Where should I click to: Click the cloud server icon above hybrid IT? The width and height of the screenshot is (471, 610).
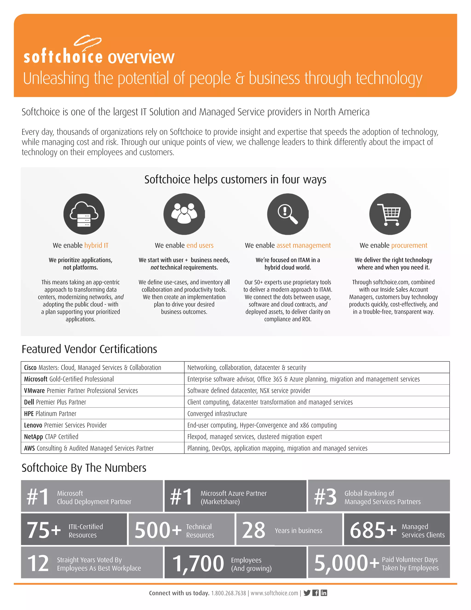pos(84,214)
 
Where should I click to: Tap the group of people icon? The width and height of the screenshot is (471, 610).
pos(184,214)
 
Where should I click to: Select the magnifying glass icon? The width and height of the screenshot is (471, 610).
pos(288,214)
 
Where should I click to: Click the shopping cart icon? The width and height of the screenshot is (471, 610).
pos(390,214)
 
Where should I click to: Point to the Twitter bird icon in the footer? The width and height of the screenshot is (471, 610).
pos(307,593)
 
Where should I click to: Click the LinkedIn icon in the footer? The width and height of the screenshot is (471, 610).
pos(324,593)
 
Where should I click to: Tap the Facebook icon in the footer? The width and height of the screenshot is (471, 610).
pos(316,593)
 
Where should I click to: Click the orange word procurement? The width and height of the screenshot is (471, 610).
pos(409,246)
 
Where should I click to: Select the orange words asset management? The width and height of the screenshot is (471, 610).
pos(304,246)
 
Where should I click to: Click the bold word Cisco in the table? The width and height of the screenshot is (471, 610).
pos(30,368)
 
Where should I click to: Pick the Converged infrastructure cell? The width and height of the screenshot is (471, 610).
pos(217,414)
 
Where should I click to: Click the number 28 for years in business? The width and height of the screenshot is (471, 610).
pos(254,530)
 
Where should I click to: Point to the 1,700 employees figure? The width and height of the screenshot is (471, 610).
pos(198,563)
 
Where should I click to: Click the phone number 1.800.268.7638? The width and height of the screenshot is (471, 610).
pos(229,593)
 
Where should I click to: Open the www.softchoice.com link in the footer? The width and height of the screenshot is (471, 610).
pos(274,593)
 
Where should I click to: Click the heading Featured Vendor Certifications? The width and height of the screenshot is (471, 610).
pos(89,349)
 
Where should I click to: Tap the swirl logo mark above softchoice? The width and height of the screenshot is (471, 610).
pos(87,41)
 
